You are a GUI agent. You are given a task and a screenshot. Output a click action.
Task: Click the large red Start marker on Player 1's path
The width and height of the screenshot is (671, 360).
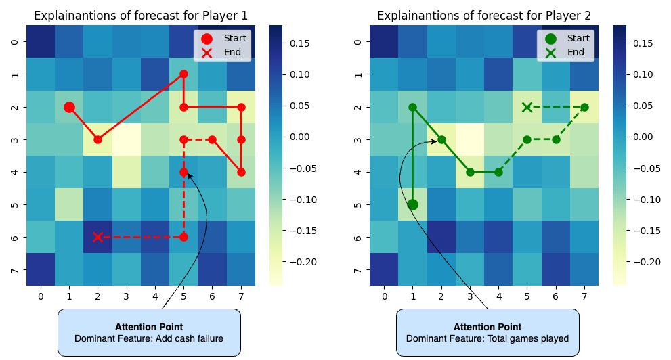[x=69, y=107]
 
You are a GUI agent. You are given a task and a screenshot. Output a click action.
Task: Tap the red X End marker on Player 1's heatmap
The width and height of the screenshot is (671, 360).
[x=98, y=237]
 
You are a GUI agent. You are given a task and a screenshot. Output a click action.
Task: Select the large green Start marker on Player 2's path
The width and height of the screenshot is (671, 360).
[x=413, y=204]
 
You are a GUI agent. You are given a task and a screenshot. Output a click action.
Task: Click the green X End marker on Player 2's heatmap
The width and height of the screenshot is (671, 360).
[x=527, y=107]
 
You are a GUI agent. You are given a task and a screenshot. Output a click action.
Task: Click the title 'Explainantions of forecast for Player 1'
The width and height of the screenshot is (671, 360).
[x=140, y=16]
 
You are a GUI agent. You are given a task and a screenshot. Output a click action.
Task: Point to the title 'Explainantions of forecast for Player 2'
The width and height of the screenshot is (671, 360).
[x=484, y=16]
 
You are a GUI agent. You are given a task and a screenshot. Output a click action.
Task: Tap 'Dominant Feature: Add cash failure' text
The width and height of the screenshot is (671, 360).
[x=149, y=338]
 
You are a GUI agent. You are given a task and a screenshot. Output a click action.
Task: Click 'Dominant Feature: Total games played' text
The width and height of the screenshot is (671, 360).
[x=488, y=338]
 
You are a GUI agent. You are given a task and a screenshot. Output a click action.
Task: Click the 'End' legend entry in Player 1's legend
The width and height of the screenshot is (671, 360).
[x=234, y=52]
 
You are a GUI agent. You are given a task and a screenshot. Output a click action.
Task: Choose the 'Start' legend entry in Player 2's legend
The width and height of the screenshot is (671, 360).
[x=578, y=38]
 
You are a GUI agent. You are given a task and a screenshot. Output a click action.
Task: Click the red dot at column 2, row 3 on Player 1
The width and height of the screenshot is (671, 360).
[x=98, y=139]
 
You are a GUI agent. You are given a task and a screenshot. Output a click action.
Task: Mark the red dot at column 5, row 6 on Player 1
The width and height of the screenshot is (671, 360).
[x=183, y=237]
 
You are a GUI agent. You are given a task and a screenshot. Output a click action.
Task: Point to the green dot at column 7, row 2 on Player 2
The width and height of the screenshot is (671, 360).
[x=584, y=107]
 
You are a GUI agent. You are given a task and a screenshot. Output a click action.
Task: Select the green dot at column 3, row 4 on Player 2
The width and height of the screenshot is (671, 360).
[x=470, y=172]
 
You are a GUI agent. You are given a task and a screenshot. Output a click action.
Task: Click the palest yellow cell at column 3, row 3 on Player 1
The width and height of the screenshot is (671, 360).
[x=126, y=139]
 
